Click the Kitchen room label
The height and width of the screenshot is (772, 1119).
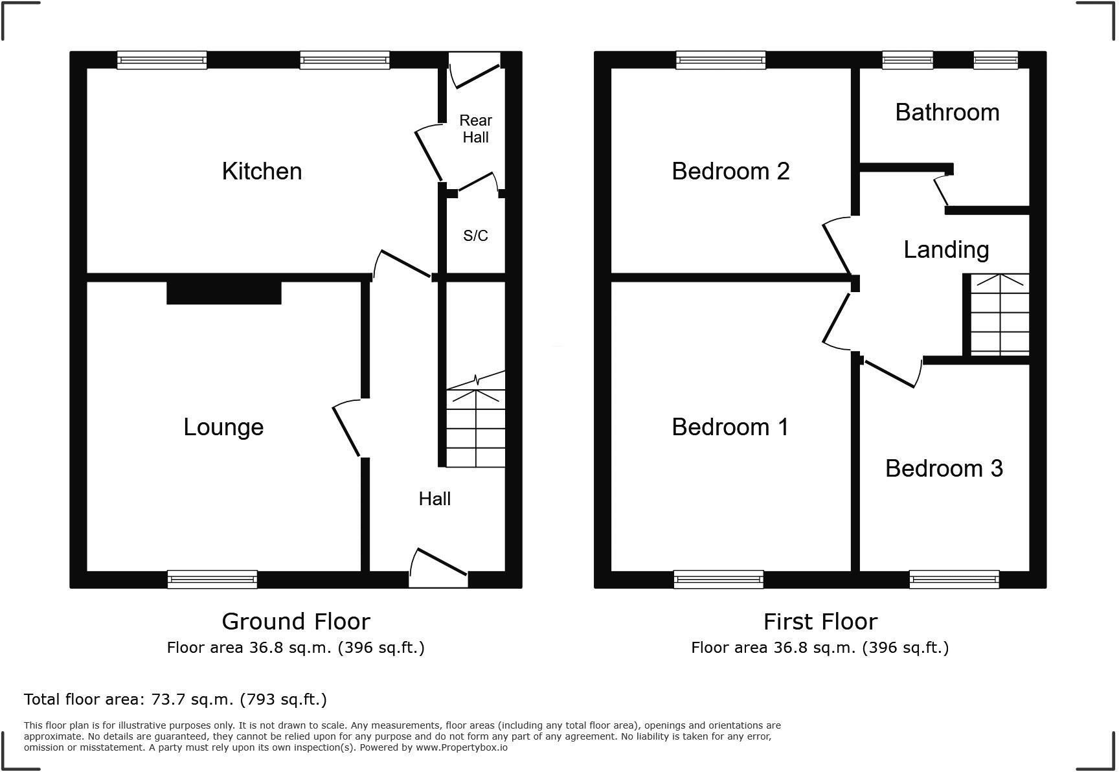(x=262, y=172)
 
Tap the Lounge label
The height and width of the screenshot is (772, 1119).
(x=223, y=427)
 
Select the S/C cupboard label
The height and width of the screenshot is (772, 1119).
(x=475, y=236)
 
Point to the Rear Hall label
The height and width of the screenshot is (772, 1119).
(x=475, y=129)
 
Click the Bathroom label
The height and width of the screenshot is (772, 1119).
(x=947, y=113)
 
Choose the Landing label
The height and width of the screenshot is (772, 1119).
(x=946, y=250)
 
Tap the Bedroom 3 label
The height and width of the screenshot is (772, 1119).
(x=944, y=468)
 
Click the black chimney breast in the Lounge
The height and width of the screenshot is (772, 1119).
(x=224, y=293)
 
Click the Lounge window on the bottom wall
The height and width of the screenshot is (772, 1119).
(x=212, y=579)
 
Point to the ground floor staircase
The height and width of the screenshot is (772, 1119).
(x=475, y=427)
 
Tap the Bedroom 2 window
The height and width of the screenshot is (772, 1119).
(x=721, y=60)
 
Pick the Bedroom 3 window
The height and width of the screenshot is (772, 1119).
(x=954, y=579)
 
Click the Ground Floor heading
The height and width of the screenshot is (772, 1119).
(x=296, y=622)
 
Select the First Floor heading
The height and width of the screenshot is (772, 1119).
(x=820, y=622)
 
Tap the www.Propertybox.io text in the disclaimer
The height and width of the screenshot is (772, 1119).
(x=461, y=747)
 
